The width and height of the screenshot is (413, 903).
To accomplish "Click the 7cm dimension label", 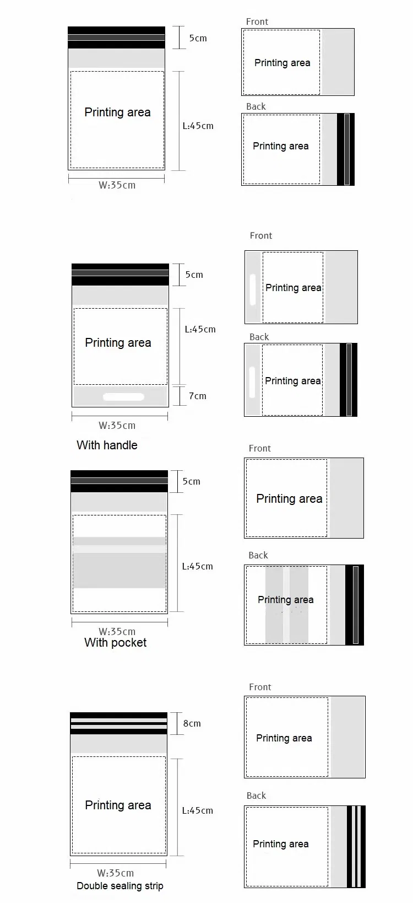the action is (x=198, y=396).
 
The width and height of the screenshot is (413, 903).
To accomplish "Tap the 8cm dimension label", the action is (x=192, y=723).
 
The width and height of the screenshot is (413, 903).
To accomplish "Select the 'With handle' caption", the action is (x=107, y=445).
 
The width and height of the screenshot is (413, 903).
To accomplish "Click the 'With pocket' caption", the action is (x=116, y=642).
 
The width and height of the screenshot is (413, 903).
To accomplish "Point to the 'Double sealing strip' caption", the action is (x=120, y=885).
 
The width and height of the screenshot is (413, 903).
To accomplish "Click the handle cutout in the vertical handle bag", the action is (x=123, y=397).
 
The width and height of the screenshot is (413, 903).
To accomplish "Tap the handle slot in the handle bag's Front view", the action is (x=253, y=289).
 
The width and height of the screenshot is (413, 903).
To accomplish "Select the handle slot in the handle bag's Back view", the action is (x=252, y=381).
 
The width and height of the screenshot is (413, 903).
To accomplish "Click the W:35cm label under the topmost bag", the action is (x=117, y=185).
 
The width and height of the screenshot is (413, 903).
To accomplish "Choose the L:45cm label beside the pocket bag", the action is (x=197, y=566).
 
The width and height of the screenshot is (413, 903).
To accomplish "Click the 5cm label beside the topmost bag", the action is (x=198, y=38).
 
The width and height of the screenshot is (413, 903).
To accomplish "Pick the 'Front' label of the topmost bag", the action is (x=257, y=21).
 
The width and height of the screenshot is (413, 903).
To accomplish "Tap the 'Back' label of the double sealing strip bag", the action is (x=257, y=796).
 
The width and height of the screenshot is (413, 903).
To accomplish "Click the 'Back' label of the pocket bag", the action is (x=258, y=555).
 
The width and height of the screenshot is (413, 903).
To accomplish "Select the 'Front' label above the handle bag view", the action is (x=261, y=235).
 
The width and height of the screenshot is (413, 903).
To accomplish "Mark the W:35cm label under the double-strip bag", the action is (x=116, y=873).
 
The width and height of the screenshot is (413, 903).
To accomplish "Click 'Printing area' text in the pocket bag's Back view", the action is (x=286, y=600).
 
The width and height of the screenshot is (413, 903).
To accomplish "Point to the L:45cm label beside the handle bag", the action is (x=200, y=329).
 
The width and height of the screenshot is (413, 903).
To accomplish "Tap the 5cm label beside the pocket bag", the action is (x=191, y=481).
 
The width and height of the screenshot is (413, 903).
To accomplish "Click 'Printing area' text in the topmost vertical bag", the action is (x=117, y=112).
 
